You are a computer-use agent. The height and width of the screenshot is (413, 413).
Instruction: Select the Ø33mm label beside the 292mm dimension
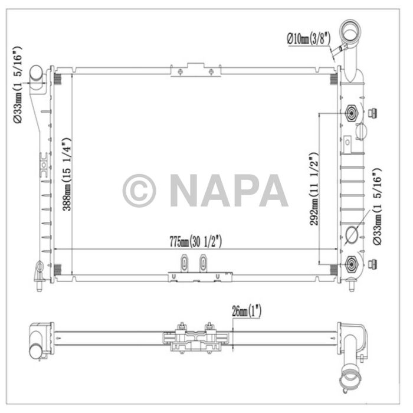[378, 206]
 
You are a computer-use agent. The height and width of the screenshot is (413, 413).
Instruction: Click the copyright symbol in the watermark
[139, 190]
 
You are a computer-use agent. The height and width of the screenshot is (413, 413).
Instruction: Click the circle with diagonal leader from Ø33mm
[350, 235]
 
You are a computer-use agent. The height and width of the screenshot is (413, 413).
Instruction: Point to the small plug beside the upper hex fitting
[372, 112]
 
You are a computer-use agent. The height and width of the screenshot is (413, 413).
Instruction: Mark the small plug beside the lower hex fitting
[372, 264]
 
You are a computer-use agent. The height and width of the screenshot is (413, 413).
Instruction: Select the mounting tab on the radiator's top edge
[194, 69]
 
